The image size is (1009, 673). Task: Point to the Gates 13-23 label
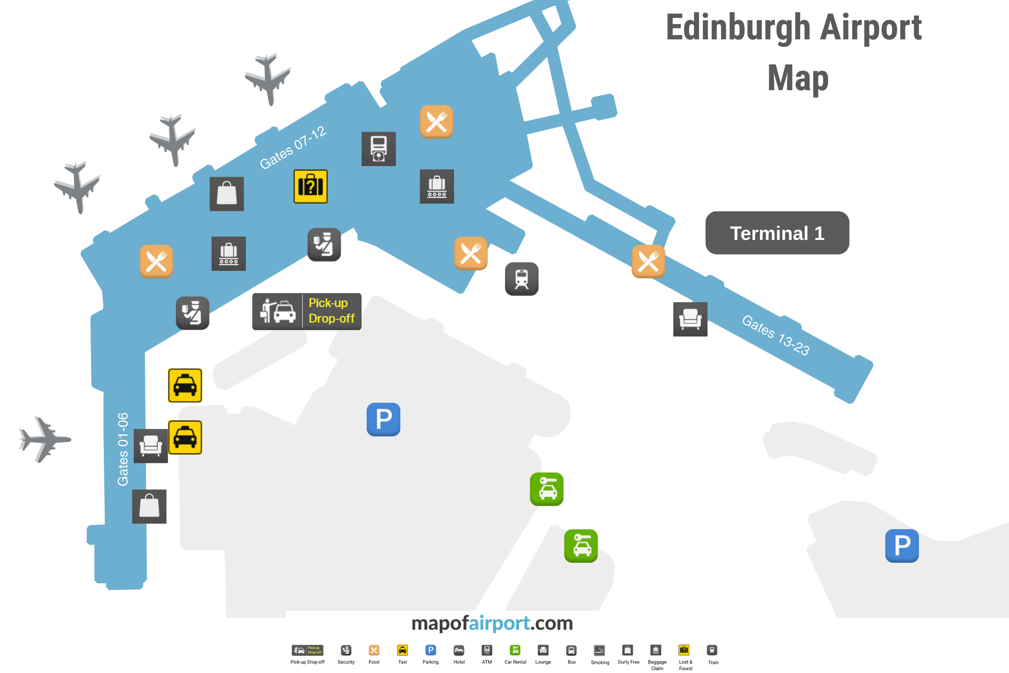pyautogui.click(x=776, y=335)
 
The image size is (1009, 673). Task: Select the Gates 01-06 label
pyautogui.click(x=123, y=449)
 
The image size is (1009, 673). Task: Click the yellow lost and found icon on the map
pyautogui.click(x=310, y=186)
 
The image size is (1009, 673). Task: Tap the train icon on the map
pyautogui.click(x=521, y=279)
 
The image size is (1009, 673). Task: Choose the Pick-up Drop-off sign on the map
pyautogui.click(x=307, y=311)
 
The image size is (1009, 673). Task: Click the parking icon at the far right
pyautogui.click(x=902, y=545)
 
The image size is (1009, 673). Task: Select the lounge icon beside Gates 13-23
pyautogui.click(x=690, y=319)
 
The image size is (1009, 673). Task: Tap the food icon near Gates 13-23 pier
pyautogui.click(x=648, y=261)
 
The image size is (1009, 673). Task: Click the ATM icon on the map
pyautogui.click(x=378, y=148)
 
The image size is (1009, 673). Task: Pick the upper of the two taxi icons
pyautogui.click(x=185, y=385)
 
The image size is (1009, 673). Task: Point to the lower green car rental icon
pyautogui.click(x=581, y=545)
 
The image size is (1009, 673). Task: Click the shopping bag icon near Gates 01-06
pyautogui.click(x=149, y=506)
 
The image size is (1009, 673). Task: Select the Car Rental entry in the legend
pyautogui.click(x=515, y=654)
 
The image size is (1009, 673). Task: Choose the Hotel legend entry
pyautogui.click(x=459, y=654)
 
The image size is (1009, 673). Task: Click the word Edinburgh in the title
pyautogui.click(x=738, y=28)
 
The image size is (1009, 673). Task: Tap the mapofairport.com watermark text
pyautogui.click(x=492, y=623)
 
